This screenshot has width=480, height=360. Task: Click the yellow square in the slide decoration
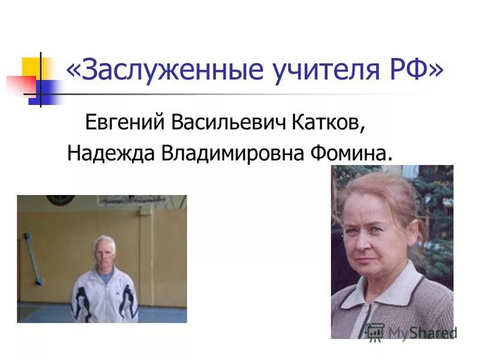click(x=31, y=68)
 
